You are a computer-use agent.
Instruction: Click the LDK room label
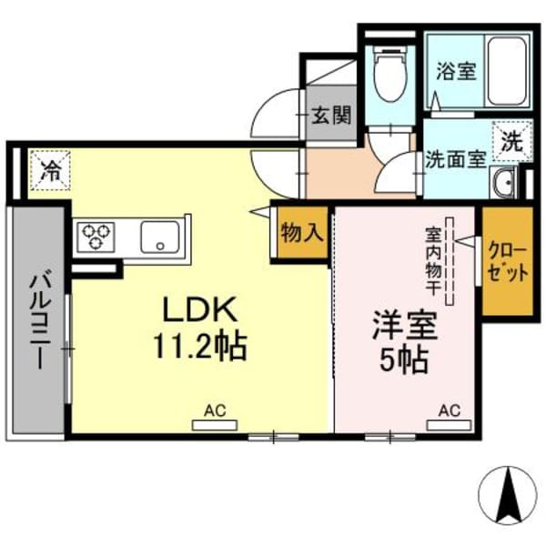point(199,310)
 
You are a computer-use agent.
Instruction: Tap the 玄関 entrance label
point(331,116)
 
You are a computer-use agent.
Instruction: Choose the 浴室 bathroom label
point(457,72)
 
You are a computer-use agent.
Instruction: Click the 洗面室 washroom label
point(456,156)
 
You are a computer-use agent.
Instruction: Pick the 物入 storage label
point(300,231)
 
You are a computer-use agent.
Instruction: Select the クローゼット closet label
point(507,261)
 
